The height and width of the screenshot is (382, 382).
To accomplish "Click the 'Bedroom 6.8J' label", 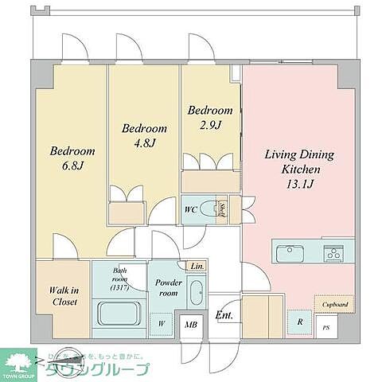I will point(72,158).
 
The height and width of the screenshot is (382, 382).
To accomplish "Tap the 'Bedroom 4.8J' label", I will point(144,135).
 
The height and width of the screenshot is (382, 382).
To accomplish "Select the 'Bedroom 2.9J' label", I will point(210,119).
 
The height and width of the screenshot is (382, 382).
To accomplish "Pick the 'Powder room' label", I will point(168,287).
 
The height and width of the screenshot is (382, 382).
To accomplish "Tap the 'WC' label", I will point(190,210).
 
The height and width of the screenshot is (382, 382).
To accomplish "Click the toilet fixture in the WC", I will point(209,211).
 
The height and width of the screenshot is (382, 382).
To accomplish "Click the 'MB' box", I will point(190,323).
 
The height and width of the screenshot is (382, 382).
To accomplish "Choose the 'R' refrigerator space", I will point(298,322).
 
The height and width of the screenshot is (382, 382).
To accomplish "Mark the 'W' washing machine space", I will point(161,323).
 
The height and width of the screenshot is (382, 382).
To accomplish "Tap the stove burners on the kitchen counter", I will point(333,253).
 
